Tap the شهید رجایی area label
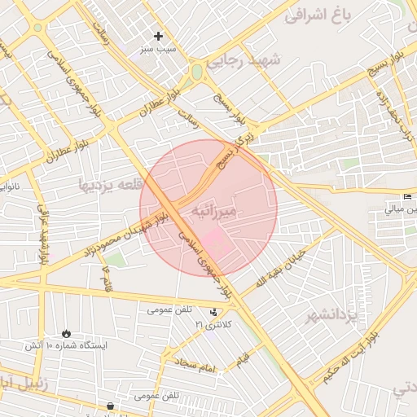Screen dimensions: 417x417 click(244, 60)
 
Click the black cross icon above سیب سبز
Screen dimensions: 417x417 click(159, 37)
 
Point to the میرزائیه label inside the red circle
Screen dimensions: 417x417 click(216, 211)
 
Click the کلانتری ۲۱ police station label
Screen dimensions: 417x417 click(213, 325)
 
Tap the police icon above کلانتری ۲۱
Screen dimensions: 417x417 click(213, 312)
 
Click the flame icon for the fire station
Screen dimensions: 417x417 click(66, 333)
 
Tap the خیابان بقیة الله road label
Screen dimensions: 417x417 click(282, 268)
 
